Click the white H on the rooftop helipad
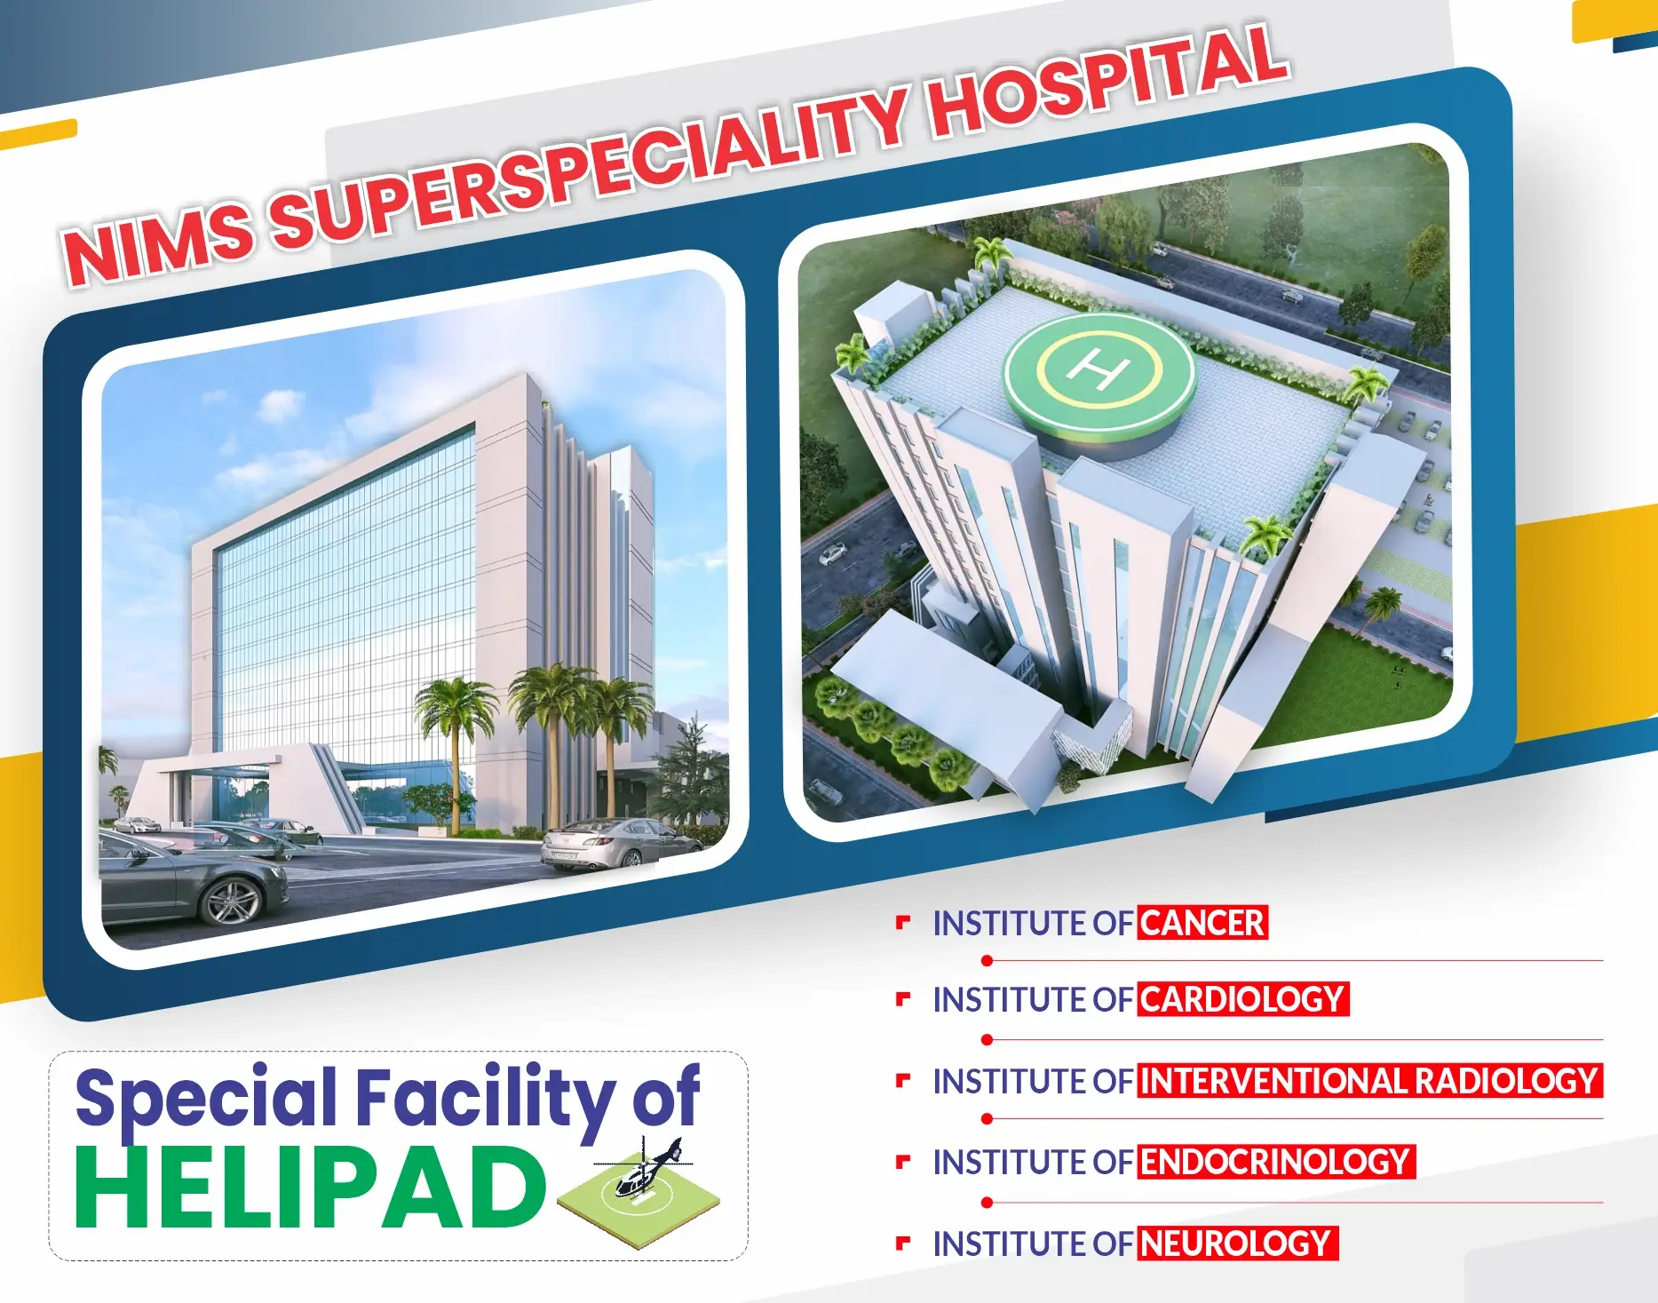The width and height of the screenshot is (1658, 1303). (1099, 368)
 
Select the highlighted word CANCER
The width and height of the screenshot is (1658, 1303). (1202, 923)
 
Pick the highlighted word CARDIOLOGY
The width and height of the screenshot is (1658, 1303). (1242, 999)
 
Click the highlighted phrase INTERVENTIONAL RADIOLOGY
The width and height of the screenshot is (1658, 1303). (1369, 1081)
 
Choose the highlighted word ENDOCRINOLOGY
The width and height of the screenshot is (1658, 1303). (1276, 1162)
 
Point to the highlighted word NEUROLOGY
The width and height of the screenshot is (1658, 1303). (1237, 1243)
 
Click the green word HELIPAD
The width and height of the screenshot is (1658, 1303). (310, 1188)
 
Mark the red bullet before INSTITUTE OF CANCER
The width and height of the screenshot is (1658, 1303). (903, 922)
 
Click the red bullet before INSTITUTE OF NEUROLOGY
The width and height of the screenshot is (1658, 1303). (903, 1243)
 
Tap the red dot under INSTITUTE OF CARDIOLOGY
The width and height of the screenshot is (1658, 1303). (987, 1039)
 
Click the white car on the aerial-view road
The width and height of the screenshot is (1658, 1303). (833, 554)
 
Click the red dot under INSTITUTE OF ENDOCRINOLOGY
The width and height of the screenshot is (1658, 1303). (987, 1203)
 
